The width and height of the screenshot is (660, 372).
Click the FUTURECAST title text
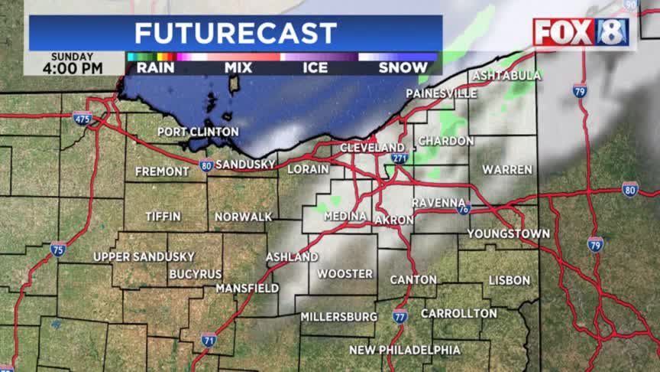point(235,33)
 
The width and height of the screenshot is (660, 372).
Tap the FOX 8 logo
point(581,32)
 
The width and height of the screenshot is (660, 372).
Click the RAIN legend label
point(155,67)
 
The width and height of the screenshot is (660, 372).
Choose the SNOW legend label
point(403,67)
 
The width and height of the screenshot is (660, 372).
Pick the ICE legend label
point(315,67)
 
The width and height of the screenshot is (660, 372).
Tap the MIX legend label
point(238,67)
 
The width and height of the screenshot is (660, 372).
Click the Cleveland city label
point(372,147)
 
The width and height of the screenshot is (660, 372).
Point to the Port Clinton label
point(198,132)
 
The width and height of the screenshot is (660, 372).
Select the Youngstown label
point(509,233)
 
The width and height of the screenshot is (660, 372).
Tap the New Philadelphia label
point(405,350)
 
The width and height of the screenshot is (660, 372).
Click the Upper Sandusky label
point(144,256)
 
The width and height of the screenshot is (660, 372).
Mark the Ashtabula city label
point(506,76)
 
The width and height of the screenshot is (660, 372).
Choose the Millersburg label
point(338,316)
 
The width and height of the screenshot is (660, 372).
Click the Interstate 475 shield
point(82,118)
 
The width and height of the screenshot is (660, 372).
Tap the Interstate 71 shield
point(209,339)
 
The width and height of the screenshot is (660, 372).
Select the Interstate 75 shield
point(58,249)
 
